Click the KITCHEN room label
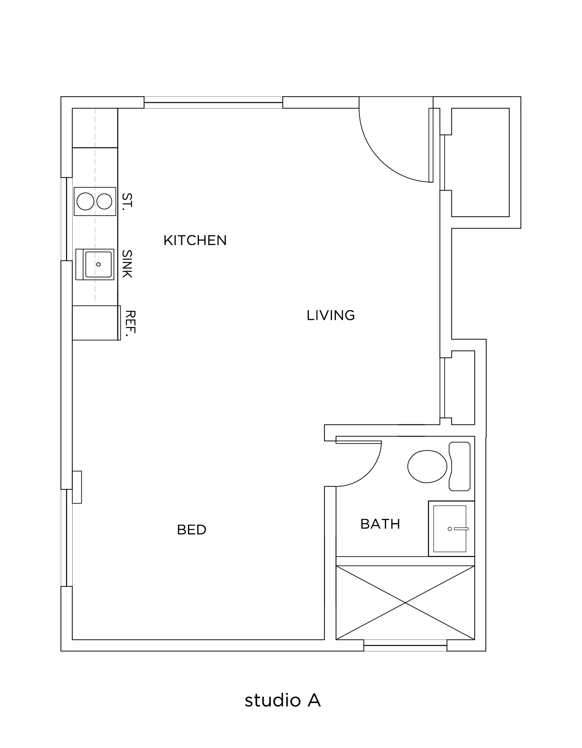(x=195, y=240)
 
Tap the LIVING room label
(x=331, y=316)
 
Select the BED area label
(x=191, y=530)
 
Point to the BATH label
(x=380, y=524)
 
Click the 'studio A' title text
(x=282, y=700)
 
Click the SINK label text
(x=127, y=264)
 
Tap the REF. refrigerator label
(x=130, y=324)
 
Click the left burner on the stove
(x=86, y=202)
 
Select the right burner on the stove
(x=105, y=202)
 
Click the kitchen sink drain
(x=98, y=265)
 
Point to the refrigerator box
(x=96, y=323)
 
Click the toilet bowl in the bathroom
(x=427, y=466)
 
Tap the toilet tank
(x=460, y=466)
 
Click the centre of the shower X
(x=405, y=603)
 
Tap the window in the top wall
(x=213, y=103)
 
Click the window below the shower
(x=405, y=648)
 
